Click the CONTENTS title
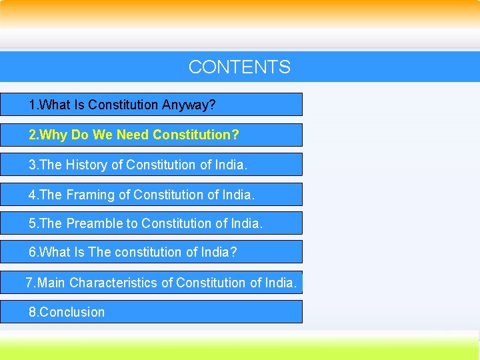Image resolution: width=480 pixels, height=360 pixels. pos(239,67)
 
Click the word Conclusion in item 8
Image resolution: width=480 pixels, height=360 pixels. pos(72,312)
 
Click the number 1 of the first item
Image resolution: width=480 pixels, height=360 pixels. pos(32,105)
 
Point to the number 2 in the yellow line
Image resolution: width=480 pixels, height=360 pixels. pos(32,135)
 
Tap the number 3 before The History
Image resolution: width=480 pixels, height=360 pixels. pos(32,165)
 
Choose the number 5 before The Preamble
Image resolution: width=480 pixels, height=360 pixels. pos(32,224)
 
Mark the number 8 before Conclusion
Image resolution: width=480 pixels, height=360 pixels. pos(32,312)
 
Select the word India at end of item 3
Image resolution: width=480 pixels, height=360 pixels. pos(230,165)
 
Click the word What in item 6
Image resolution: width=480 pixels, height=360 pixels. pos(55,253)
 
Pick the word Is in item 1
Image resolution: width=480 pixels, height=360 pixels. pos(79,105)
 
